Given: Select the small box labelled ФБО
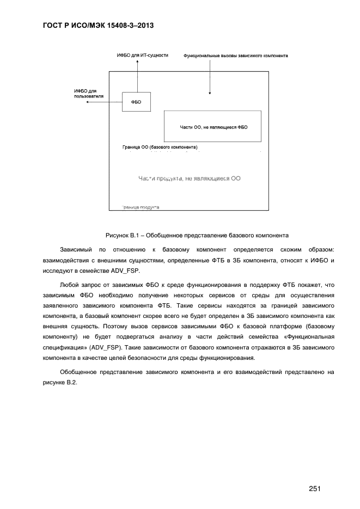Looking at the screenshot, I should tap(136, 102).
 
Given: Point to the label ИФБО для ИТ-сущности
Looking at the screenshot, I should tap(143, 55).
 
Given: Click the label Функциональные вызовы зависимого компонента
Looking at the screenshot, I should tap(236, 56).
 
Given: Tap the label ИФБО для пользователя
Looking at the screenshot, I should tap(89, 94).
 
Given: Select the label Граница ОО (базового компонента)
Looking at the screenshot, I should tap(160, 148).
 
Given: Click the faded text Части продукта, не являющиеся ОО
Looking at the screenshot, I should tap(190, 177).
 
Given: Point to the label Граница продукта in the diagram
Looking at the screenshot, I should tap(141, 207).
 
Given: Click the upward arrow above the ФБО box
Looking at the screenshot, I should tap(137, 76).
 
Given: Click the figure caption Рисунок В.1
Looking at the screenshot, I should tap(197, 236).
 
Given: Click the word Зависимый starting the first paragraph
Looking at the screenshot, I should tap(76, 250).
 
